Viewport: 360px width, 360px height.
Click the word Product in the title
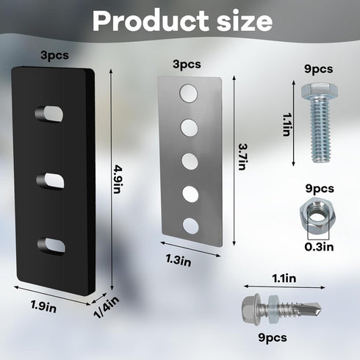(151, 21)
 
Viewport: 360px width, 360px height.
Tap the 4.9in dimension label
(118, 179)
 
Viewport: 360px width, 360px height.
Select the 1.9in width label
(43, 306)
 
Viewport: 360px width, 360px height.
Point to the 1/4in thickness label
(107, 307)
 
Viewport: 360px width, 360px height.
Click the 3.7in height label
(242, 156)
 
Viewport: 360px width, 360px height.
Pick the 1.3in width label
(179, 260)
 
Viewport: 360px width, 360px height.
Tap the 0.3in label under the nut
(319, 247)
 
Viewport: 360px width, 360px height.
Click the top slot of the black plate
(49, 114)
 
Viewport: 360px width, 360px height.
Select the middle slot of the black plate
(51, 181)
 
